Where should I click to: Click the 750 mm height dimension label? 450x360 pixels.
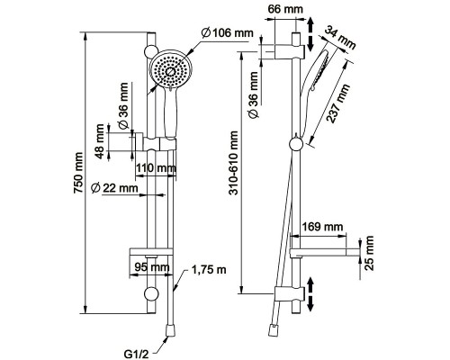[x=78, y=173]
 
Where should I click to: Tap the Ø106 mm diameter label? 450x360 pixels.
[x=228, y=32]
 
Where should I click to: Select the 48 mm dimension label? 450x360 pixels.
[x=99, y=141]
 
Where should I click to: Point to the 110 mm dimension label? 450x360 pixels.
[x=156, y=169]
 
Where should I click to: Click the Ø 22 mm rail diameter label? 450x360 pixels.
[x=114, y=188]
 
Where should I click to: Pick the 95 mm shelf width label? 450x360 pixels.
[x=151, y=266]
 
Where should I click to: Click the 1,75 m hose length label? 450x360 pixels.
[x=209, y=270]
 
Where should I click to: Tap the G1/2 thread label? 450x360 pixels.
[x=137, y=355]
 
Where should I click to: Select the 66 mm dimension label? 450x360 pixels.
[x=285, y=9]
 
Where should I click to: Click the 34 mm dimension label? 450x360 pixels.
[x=341, y=38]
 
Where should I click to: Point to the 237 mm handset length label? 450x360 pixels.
[x=338, y=103]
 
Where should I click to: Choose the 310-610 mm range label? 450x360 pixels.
[x=234, y=163]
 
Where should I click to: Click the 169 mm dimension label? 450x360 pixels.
[x=322, y=227]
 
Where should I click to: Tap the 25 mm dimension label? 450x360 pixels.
[x=369, y=254]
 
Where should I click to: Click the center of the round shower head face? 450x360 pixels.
[x=170, y=71]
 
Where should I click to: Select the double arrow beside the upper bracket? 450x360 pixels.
[x=310, y=33]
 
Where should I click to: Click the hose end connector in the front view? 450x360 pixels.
[x=170, y=330]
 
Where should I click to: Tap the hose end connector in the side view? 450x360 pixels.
[x=273, y=330]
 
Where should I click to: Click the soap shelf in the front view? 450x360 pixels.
[x=151, y=252]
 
